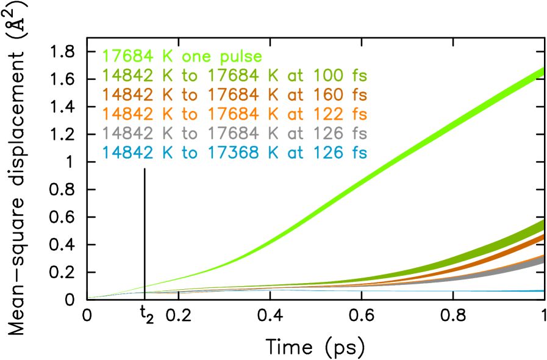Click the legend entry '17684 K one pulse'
(182, 57)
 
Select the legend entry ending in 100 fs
(235, 76)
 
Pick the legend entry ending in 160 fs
(235, 95)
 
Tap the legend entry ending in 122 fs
(235, 114)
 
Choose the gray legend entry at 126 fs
(235, 133)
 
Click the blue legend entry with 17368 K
(235, 153)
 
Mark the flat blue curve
(427, 291)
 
